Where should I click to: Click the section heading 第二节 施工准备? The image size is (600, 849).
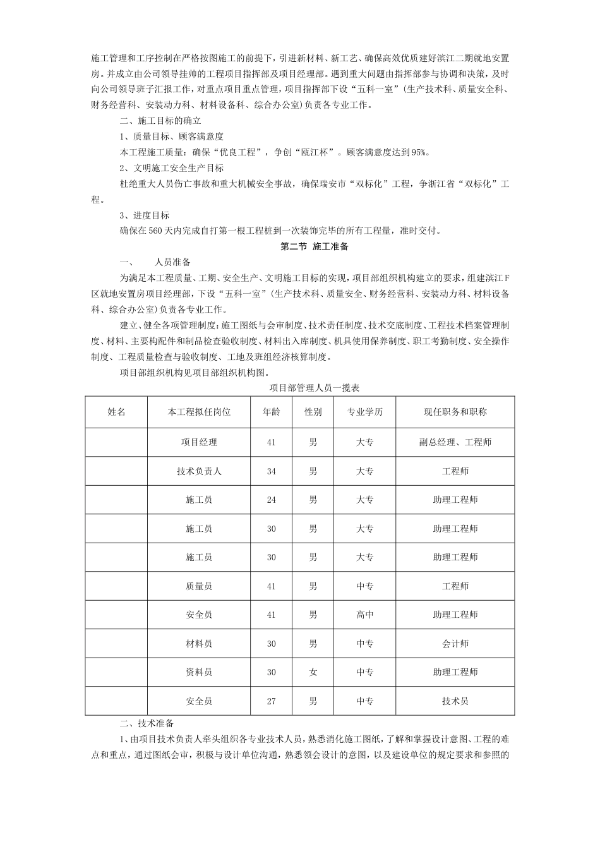pyautogui.click(x=314, y=246)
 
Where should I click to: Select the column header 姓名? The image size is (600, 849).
pyautogui.click(x=117, y=412)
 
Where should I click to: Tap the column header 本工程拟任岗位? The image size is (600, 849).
pyautogui.click(x=199, y=412)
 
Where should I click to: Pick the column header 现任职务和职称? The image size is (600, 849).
pyautogui.click(x=455, y=412)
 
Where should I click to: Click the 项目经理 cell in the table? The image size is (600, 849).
pyautogui.click(x=199, y=442)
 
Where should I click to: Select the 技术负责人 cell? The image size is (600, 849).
pyautogui.click(x=199, y=471)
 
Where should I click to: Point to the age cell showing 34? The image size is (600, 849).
pyautogui.click(x=272, y=471)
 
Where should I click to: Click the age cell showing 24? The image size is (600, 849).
pyautogui.click(x=272, y=500)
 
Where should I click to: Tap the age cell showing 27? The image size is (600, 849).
pyautogui.click(x=272, y=701)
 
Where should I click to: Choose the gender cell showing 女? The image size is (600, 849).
pyautogui.click(x=313, y=672)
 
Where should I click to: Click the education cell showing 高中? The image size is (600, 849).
pyautogui.click(x=364, y=615)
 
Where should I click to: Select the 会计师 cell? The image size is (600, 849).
pyautogui.click(x=455, y=644)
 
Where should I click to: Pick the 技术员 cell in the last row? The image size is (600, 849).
pyautogui.click(x=455, y=701)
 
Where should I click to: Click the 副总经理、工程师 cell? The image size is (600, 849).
pyautogui.click(x=455, y=442)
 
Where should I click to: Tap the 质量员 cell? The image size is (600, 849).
pyautogui.click(x=199, y=586)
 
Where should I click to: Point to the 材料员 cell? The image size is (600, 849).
pyautogui.click(x=199, y=644)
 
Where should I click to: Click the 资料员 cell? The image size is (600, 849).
pyautogui.click(x=199, y=672)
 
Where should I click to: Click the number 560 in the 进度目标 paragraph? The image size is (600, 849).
pyautogui.click(x=156, y=231)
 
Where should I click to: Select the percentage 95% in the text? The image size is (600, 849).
pyautogui.click(x=419, y=152)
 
